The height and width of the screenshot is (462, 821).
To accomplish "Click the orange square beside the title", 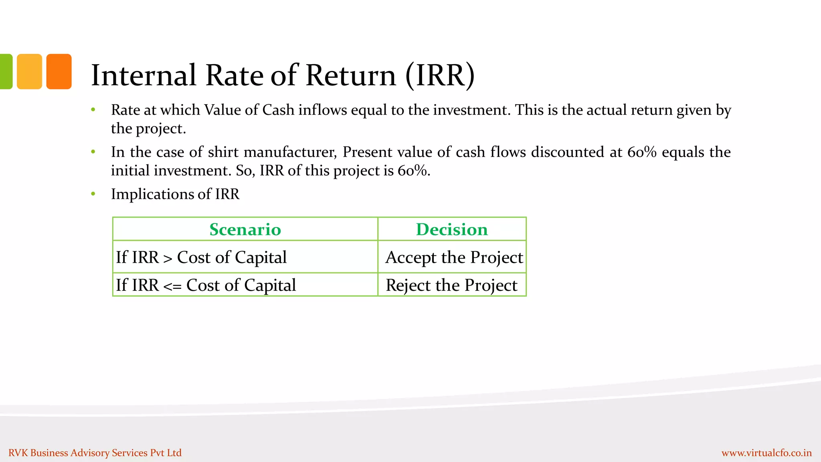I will (59, 71).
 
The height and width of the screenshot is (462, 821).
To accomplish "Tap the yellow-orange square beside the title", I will (29, 71).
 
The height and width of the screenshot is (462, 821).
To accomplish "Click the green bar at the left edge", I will (6, 71).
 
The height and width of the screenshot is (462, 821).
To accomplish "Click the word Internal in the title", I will (144, 75).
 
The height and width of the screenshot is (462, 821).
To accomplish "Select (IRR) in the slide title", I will (440, 75).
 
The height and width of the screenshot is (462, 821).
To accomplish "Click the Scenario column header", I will (245, 229).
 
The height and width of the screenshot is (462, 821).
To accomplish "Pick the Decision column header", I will (452, 229).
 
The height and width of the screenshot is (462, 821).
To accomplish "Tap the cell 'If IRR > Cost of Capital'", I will (201, 257).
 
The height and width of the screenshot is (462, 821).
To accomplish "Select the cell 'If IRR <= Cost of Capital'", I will (206, 285).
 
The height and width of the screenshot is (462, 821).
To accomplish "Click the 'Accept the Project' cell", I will (454, 257).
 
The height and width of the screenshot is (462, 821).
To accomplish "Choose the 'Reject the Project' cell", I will (451, 285).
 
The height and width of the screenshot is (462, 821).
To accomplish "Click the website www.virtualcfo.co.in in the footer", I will (766, 453).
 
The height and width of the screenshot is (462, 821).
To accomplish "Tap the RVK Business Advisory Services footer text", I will (95, 453).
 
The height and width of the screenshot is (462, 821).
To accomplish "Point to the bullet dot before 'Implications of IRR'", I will (93, 194).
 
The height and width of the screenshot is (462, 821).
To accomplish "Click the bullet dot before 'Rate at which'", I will (93, 110).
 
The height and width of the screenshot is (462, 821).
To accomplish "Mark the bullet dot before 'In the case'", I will (93, 152).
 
